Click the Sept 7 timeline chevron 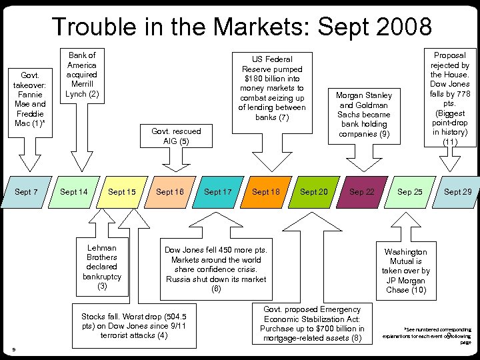[25, 192]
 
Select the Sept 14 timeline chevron [74, 192]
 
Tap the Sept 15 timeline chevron [122, 192]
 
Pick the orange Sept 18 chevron [266, 192]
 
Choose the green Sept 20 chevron [314, 192]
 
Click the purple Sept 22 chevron [362, 192]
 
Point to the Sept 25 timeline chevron [410, 192]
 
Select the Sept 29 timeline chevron [458, 192]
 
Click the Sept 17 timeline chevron [218, 192]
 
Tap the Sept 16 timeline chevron [170, 192]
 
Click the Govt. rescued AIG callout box [176, 136]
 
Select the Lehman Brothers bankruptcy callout [102, 267]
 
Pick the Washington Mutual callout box [406, 271]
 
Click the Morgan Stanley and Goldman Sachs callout [363, 115]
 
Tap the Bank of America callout [82, 75]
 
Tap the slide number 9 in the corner [14, 349]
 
